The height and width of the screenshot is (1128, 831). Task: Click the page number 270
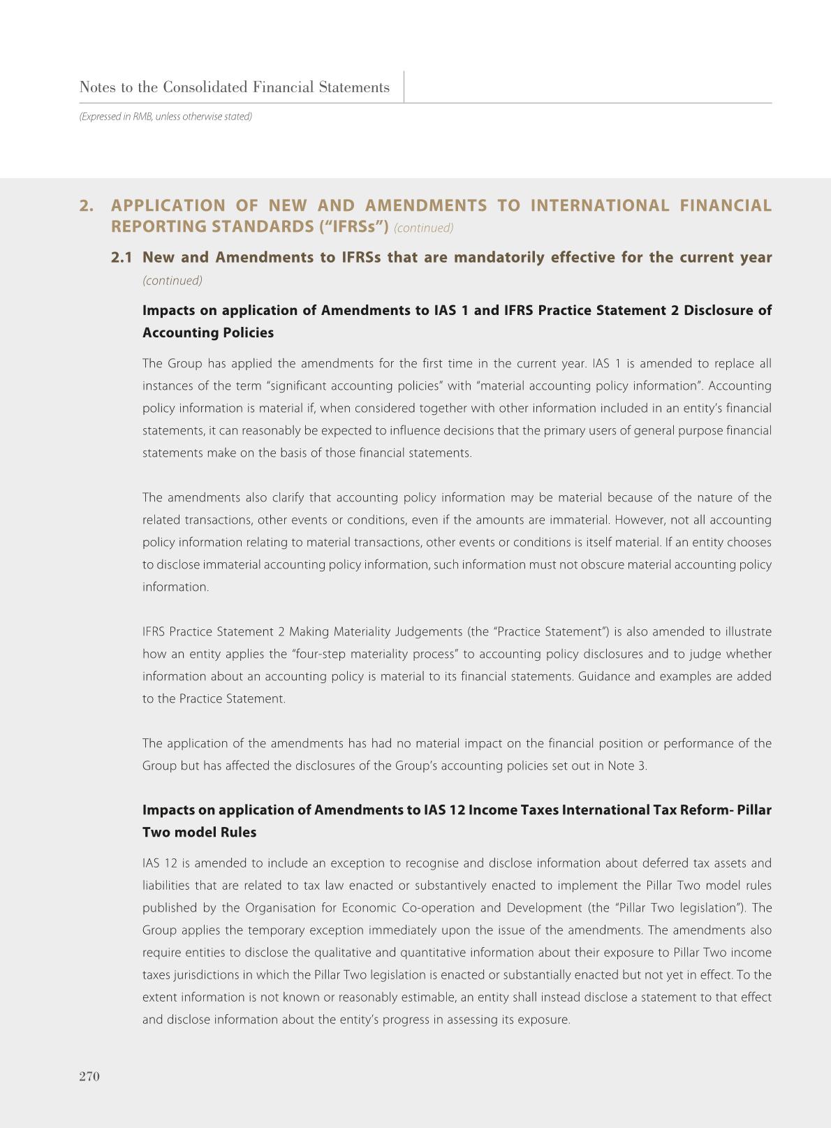(89, 1076)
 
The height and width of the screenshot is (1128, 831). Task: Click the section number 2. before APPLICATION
(87, 205)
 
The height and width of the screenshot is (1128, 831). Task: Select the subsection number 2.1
(122, 258)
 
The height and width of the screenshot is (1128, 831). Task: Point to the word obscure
(602, 565)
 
